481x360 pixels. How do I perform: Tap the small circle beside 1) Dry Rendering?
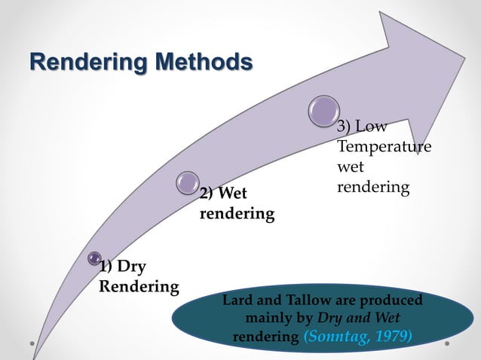[x=94, y=258]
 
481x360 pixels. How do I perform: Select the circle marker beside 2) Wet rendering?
[x=187, y=182]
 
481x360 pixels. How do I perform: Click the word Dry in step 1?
[x=132, y=267]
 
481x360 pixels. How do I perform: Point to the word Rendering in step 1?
[x=139, y=287]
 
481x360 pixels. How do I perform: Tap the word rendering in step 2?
[x=236, y=214]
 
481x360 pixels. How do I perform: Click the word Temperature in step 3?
[x=384, y=145]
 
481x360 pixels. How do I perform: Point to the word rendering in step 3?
[x=372, y=185]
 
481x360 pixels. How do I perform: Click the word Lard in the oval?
[x=236, y=301]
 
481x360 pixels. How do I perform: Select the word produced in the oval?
[x=393, y=301]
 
